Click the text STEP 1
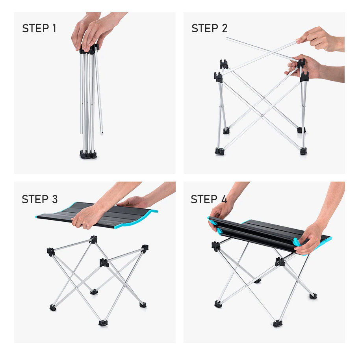[x=39, y=28]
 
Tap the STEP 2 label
[x=209, y=28]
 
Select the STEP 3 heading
[x=39, y=199]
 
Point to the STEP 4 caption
[x=209, y=199]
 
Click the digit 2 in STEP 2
[x=225, y=28]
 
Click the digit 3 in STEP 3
[x=55, y=199]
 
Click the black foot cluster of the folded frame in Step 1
[x=88, y=154]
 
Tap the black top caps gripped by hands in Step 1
[x=89, y=49]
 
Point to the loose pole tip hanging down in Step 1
[x=102, y=133]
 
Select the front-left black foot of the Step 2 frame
[x=219, y=151]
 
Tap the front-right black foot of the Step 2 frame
[x=303, y=151]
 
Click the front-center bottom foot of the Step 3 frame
[x=103, y=323]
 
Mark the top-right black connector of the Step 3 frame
[x=145, y=249]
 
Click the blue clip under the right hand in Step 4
[x=297, y=242]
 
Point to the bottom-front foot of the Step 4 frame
[x=278, y=323]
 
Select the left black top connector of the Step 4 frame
[x=216, y=246]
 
